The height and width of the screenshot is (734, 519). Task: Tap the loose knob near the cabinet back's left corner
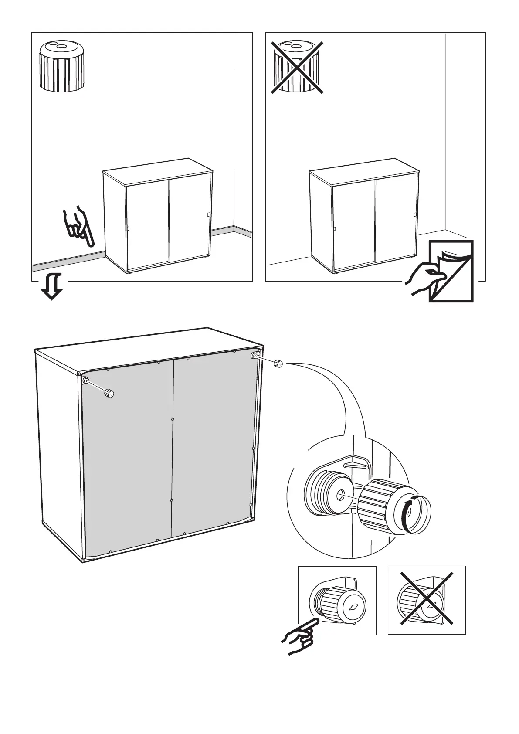109,394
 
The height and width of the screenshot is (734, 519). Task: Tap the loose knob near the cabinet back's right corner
278,363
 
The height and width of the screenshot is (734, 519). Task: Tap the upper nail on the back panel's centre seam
173,419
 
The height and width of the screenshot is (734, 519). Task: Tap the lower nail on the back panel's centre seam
172,500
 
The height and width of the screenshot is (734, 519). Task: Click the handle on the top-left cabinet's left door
129,230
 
